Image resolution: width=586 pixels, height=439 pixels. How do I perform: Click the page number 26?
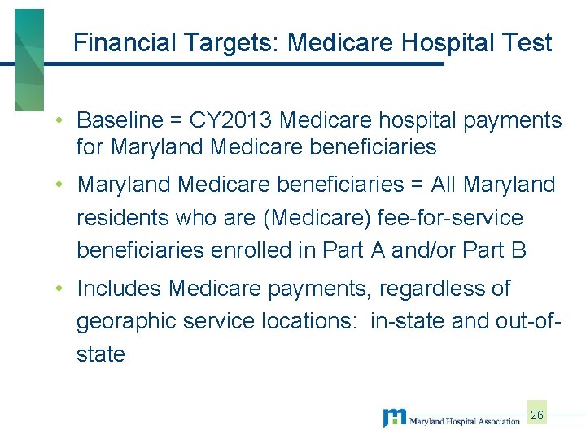pyautogui.click(x=537, y=415)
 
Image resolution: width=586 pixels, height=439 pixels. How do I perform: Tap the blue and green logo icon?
pyautogui.click(x=394, y=418)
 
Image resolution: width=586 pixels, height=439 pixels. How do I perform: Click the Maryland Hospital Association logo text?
pyautogui.click(x=464, y=421)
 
